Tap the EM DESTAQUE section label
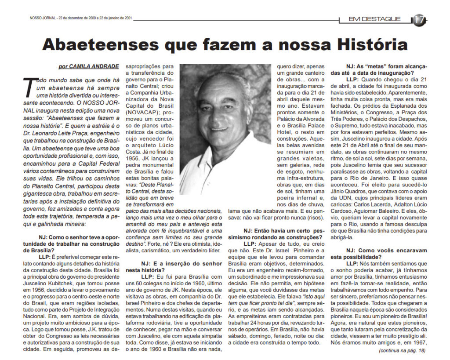(374, 19)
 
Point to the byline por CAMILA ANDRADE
(88, 66)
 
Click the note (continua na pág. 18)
(402, 350)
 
